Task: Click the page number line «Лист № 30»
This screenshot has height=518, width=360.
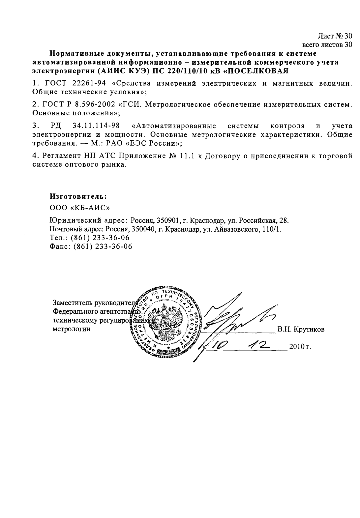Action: [335, 36]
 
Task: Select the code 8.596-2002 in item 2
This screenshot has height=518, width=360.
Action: [94, 104]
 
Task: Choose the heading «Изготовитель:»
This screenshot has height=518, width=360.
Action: [78, 196]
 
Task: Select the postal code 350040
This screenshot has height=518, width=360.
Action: [142, 229]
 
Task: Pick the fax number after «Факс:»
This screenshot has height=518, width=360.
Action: [103, 246]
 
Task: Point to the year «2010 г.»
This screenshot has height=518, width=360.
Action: [300, 347]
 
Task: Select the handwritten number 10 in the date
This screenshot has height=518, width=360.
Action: [218, 345]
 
